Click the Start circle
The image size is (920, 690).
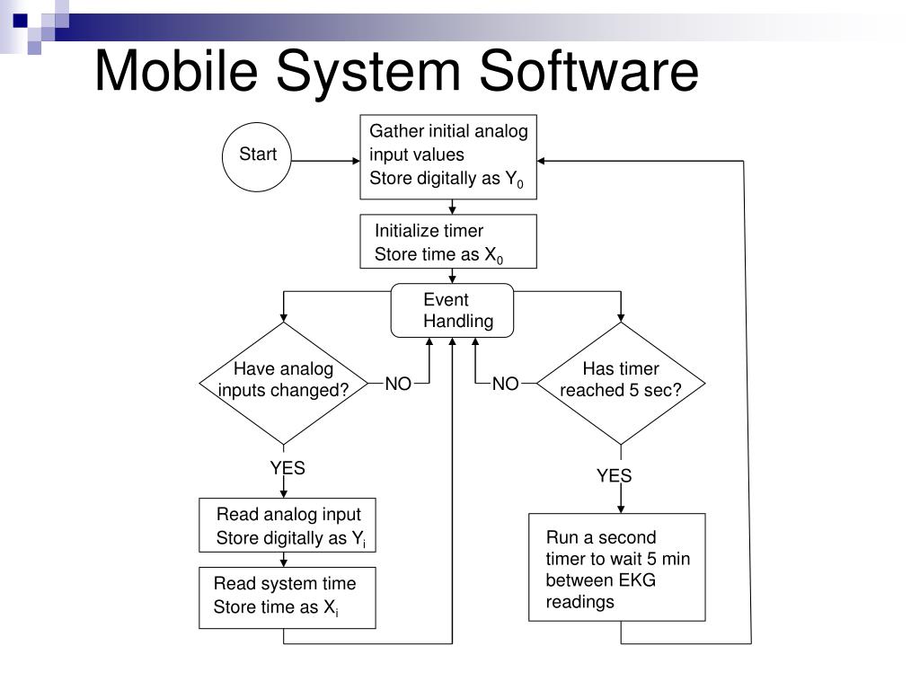258,156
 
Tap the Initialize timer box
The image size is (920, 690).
448,242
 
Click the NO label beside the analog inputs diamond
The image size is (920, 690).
398,385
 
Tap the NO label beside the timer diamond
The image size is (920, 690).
505,385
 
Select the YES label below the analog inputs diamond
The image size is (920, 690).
287,468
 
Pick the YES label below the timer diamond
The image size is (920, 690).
615,476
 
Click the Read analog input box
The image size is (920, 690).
287,526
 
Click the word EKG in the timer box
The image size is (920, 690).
637,580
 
